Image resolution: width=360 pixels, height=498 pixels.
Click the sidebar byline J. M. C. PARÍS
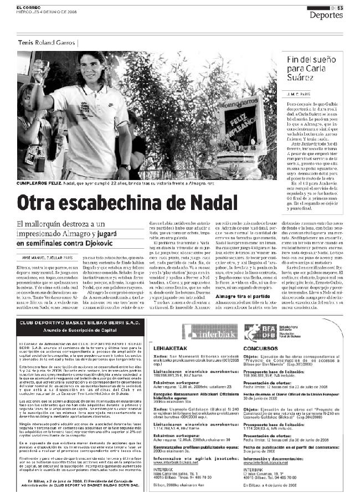tap(300, 94)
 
